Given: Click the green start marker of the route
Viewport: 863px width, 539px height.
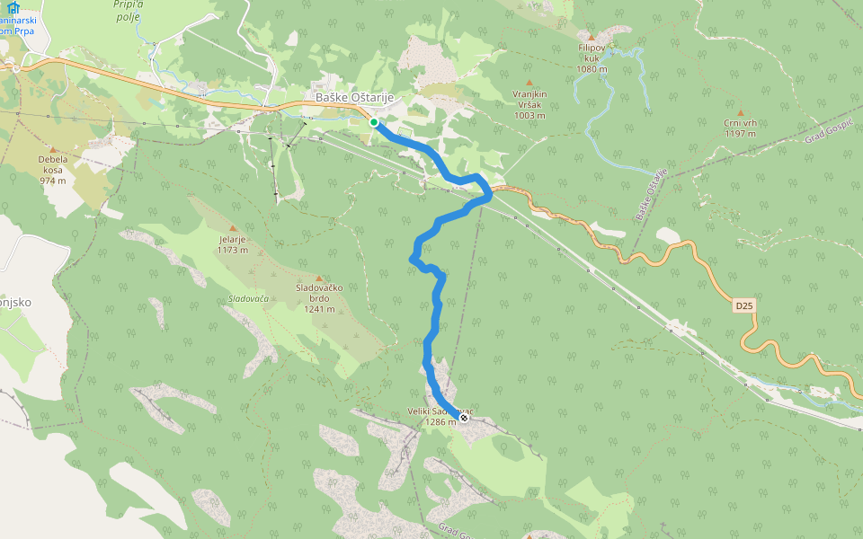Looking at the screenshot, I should coord(373,122).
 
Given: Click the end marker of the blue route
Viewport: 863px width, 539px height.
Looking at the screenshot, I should coord(464,418).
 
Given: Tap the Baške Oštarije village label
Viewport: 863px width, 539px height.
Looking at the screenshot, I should coord(354,98).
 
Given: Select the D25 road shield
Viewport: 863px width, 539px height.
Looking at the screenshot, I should coord(743,306).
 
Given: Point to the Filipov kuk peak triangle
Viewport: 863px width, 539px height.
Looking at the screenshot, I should coord(591,37).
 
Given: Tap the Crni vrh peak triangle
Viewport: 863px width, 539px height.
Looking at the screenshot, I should coord(740,113).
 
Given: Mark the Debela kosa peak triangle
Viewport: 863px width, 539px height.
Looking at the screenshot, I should coord(53,150).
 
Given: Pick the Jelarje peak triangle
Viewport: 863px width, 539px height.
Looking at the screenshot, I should coord(233,228).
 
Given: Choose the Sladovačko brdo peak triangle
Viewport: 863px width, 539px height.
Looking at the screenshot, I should coord(319,278).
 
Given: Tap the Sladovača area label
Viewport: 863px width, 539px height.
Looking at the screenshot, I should coord(248,298).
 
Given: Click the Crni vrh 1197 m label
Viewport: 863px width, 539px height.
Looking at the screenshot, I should coord(740,128).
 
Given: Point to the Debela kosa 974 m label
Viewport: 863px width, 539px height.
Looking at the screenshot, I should coord(53,169).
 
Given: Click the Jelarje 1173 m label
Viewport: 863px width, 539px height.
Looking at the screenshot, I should coord(233,244).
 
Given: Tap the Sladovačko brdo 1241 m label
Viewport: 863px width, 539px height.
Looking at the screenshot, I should coord(319,298).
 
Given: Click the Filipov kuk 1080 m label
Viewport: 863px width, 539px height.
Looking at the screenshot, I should coord(592,57).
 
